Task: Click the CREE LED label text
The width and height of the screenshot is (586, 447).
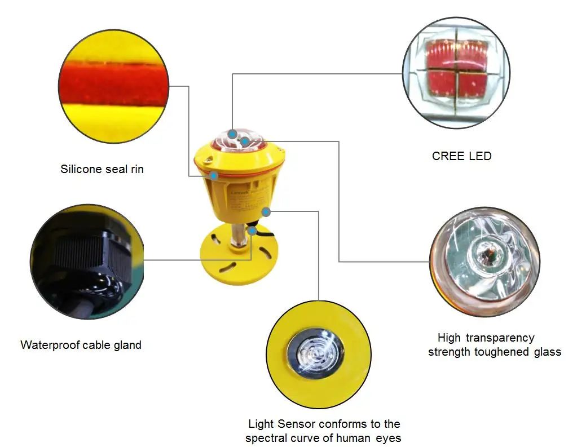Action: coord(461,156)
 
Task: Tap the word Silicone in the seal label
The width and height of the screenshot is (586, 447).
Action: coord(82,169)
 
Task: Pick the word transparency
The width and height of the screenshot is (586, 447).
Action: coord(501,338)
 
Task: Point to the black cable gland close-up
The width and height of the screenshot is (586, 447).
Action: coord(87,261)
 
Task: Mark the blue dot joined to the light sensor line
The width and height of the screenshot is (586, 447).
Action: coord(266,212)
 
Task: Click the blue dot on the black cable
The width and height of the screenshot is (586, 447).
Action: coord(253,229)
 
